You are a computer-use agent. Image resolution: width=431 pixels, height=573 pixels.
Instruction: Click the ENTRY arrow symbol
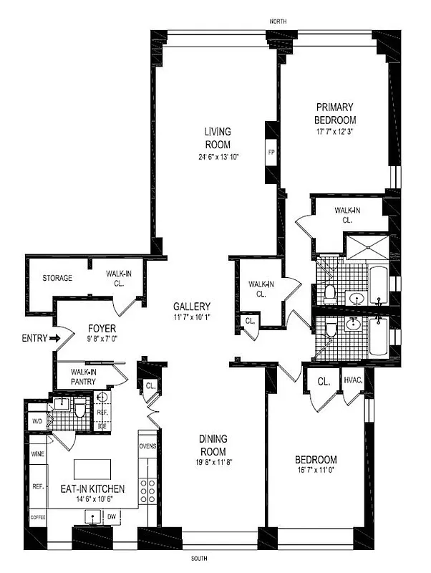pos(54,337)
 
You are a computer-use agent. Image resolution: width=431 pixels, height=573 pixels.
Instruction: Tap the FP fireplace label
pos(271,153)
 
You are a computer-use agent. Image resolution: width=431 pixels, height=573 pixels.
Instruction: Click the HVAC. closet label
pos(353,380)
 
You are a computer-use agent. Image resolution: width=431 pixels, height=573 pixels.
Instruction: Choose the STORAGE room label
pos(57,278)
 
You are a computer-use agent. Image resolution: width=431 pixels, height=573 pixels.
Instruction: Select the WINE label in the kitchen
pos(38,454)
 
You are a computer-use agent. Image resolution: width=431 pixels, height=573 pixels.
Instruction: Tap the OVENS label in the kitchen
pos(148,448)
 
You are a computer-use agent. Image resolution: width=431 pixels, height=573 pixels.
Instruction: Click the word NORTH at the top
pos(278,22)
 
